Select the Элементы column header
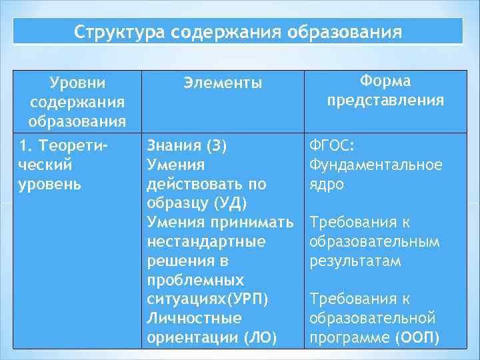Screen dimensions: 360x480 pos(223,83)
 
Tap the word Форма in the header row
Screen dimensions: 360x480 pos(385,81)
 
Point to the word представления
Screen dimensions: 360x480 pos(385,101)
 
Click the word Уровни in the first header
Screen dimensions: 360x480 pos(77,83)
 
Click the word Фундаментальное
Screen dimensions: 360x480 pos(375,164)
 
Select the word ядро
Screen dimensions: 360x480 pos(326,184)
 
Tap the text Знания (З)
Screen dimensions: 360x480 pos(187,145)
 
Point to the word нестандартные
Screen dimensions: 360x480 pos(206,241)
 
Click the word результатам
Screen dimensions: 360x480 pos(355,261)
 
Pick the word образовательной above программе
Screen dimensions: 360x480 pos(373,319)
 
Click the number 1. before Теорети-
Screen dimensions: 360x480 pos(25,145)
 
